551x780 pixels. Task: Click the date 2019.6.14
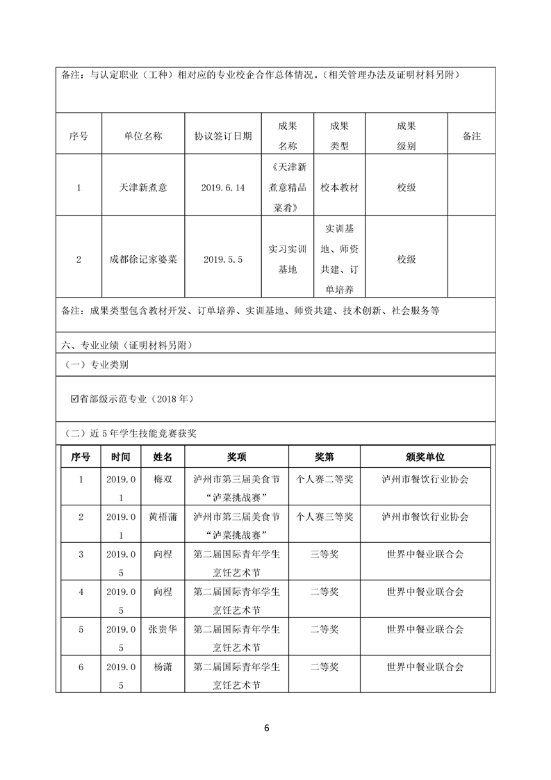pos(223,188)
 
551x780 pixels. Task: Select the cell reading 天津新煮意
pos(143,188)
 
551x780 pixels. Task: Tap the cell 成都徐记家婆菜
pos(143,259)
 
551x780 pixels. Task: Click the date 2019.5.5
pos(223,259)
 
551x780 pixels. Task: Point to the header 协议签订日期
pos(223,137)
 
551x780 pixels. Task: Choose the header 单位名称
pos(143,137)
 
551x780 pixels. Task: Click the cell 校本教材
pos(340,188)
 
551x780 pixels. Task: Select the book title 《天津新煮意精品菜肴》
pos(287,188)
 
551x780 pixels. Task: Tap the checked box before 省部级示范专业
pos(75,399)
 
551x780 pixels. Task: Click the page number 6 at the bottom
pos(266,729)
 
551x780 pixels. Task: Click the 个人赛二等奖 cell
pos(324,480)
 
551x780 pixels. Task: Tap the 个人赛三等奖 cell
pos(324,517)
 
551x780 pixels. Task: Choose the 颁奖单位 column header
pos(425,457)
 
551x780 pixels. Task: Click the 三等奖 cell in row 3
pos(324,554)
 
